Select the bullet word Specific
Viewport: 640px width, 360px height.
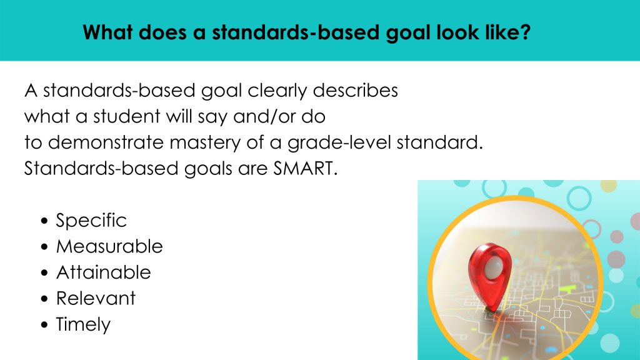coord(91,221)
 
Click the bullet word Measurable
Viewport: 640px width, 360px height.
coord(109,246)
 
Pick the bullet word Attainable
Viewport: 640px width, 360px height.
coord(104,272)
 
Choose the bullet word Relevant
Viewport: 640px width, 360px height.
coord(96,298)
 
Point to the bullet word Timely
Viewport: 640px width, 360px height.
coord(83,325)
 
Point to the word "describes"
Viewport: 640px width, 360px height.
coord(355,91)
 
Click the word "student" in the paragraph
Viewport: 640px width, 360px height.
coord(126,117)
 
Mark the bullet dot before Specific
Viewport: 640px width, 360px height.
coord(44,221)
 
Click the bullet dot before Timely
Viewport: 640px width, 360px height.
coord(44,325)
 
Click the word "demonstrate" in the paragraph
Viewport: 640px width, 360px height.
coord(106,143)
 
